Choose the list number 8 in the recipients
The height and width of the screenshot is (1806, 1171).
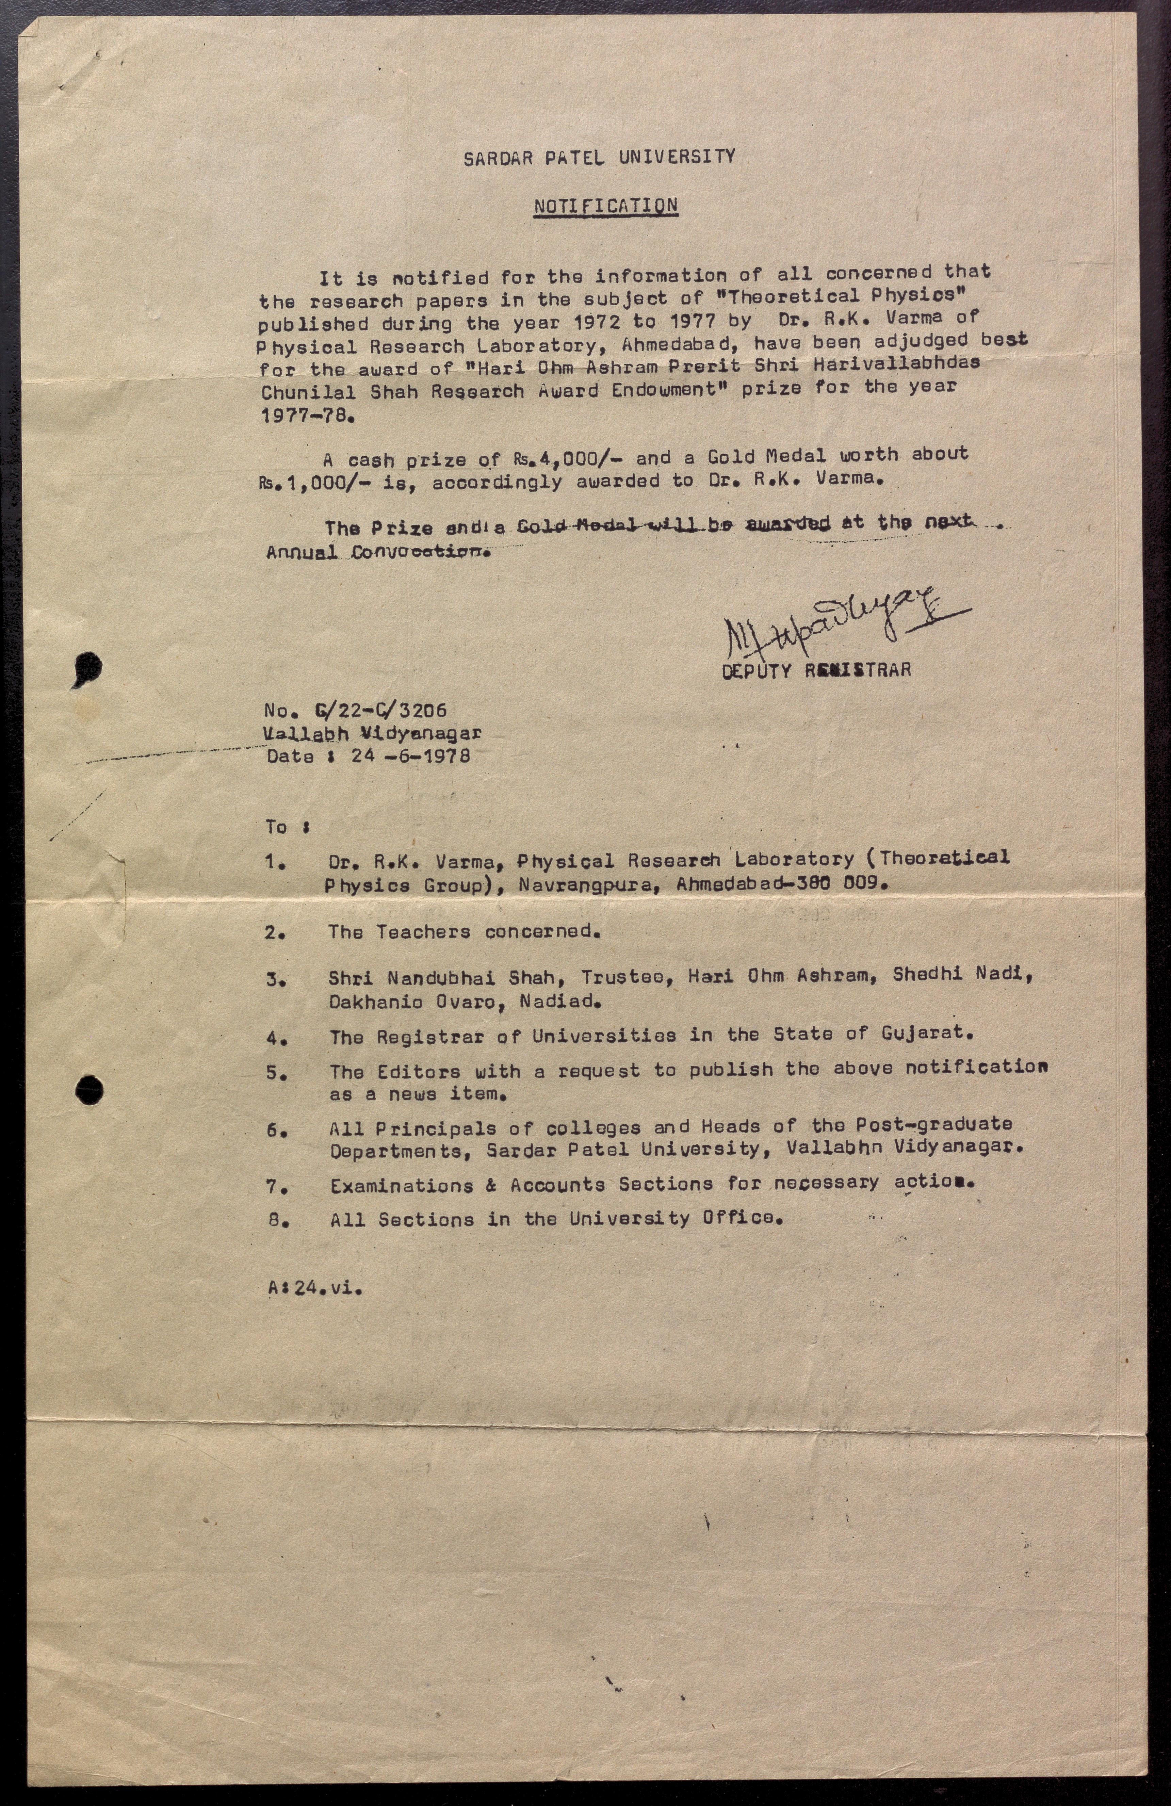point(275,1221)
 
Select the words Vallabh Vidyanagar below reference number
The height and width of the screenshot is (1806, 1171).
point(372,733)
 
